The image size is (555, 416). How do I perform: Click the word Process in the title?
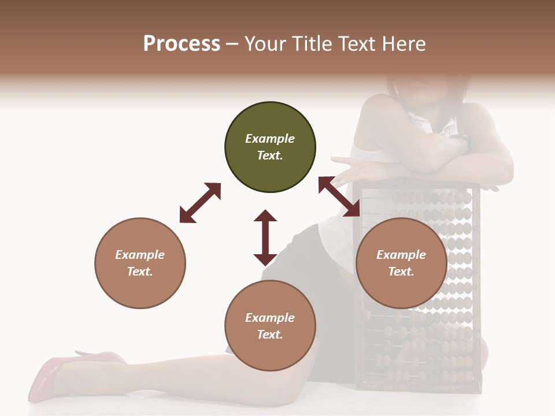point(182,44)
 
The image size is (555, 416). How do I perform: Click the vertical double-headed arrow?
point(265,237)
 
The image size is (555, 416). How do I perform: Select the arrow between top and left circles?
point(200,203)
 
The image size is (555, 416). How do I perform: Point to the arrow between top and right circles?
point(339,196)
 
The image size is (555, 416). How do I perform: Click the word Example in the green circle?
point(270,139)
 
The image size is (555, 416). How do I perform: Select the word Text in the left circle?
point(140,272)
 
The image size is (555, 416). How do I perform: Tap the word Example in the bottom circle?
point(270,318)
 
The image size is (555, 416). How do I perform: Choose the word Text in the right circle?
point(401,272)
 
